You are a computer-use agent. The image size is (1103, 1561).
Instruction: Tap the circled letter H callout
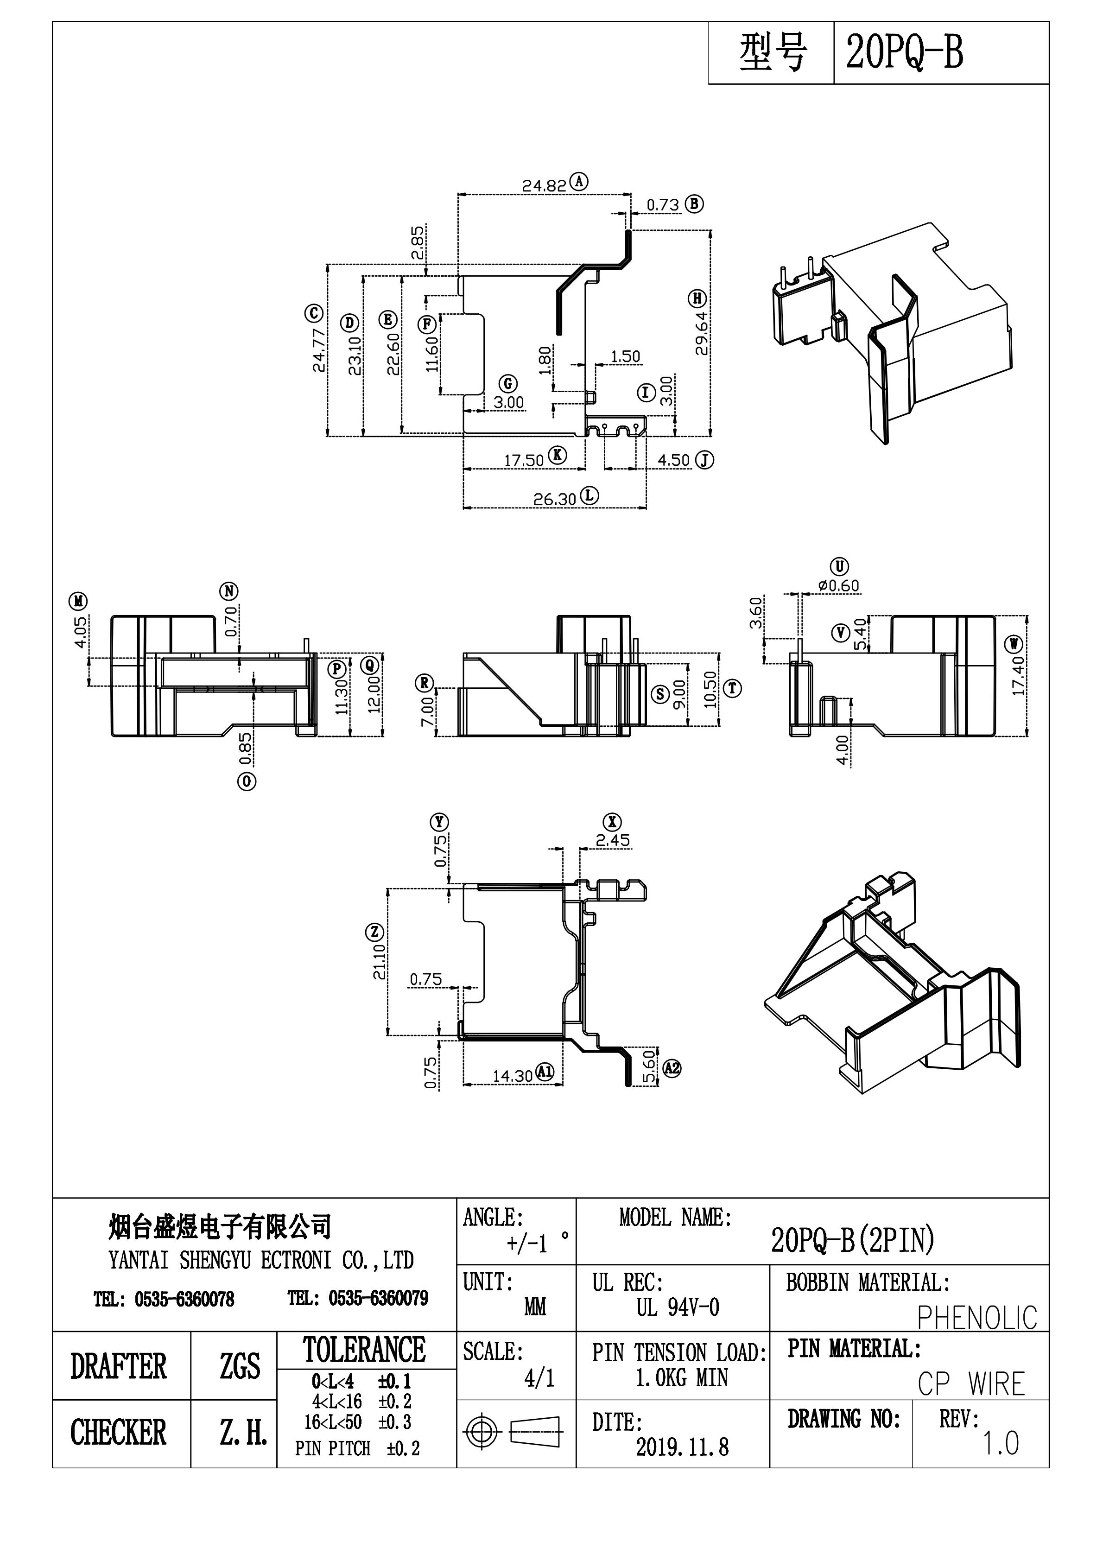click(697, 298)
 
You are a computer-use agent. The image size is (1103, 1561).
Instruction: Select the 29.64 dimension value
click(702, 333)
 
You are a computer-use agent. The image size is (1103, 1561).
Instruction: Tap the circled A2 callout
click(672, 1068)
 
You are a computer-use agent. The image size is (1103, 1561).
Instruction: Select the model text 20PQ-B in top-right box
click(905, 53)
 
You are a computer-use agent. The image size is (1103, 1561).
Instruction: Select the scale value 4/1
click(539, 1378)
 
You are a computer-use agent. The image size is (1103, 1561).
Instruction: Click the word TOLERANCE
click(364, 1350)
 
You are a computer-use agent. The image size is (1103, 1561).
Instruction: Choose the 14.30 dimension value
click(512, 1076)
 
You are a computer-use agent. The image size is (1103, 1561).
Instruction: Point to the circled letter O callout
click(246, 782)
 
